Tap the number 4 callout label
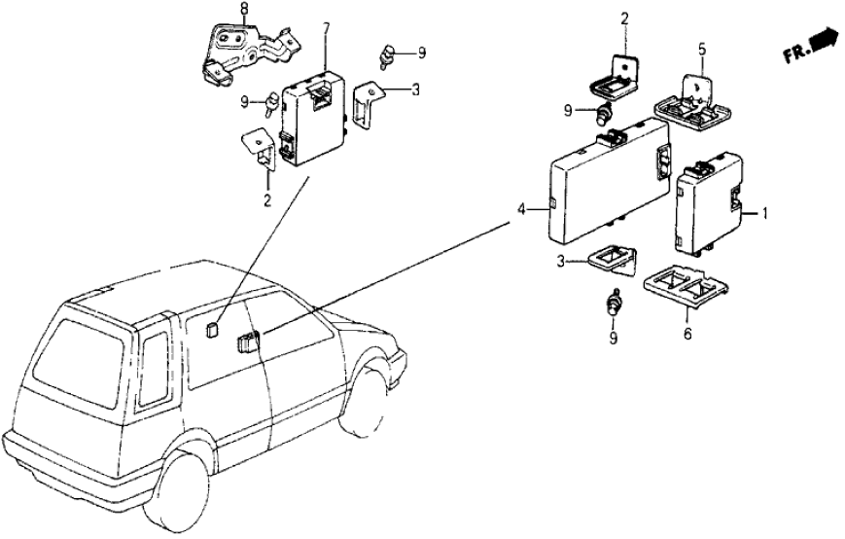pyautogui.click(x=521, y=209)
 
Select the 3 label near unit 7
pyautogui.click(x=415, y=91)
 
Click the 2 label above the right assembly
pyautogui.click(x=624, y=18)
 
